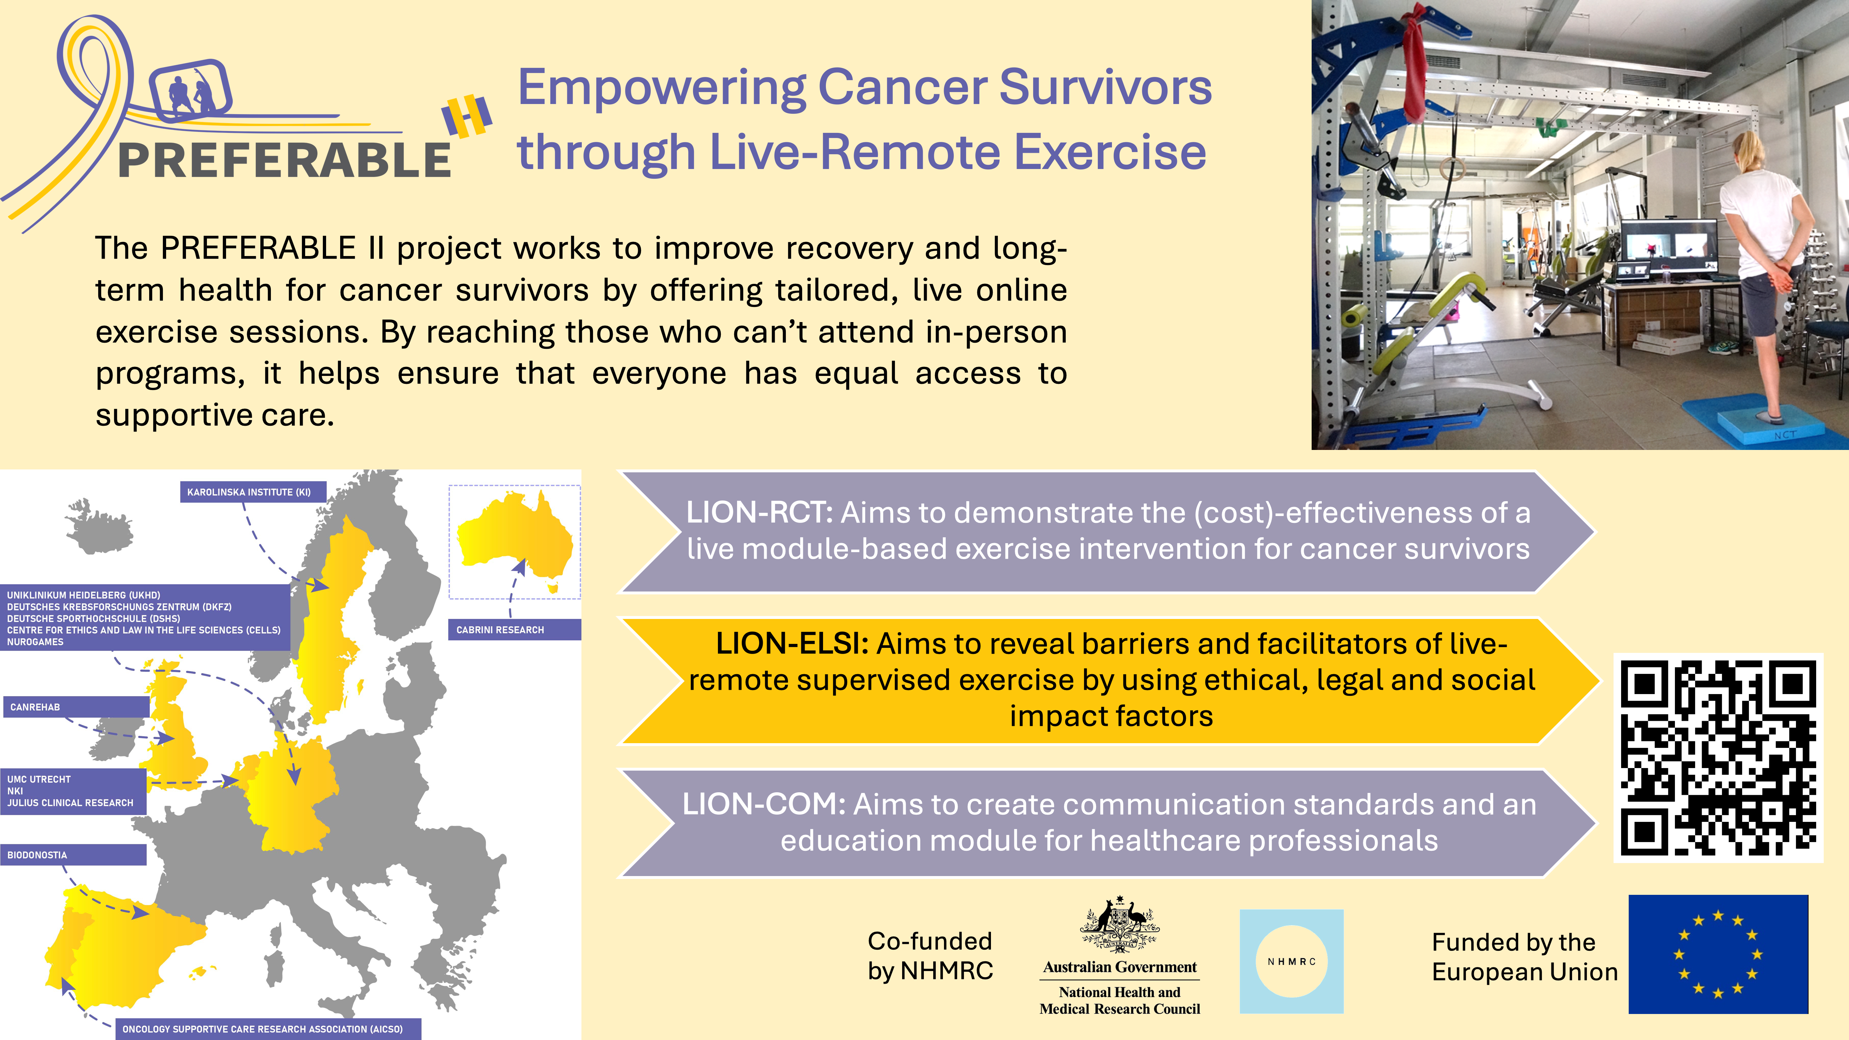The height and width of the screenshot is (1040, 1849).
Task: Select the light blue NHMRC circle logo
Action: tap(1291, 961)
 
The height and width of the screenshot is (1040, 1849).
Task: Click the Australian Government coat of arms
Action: tap(1120, 924)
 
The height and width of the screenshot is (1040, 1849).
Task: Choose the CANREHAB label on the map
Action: tap(75, 707)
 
